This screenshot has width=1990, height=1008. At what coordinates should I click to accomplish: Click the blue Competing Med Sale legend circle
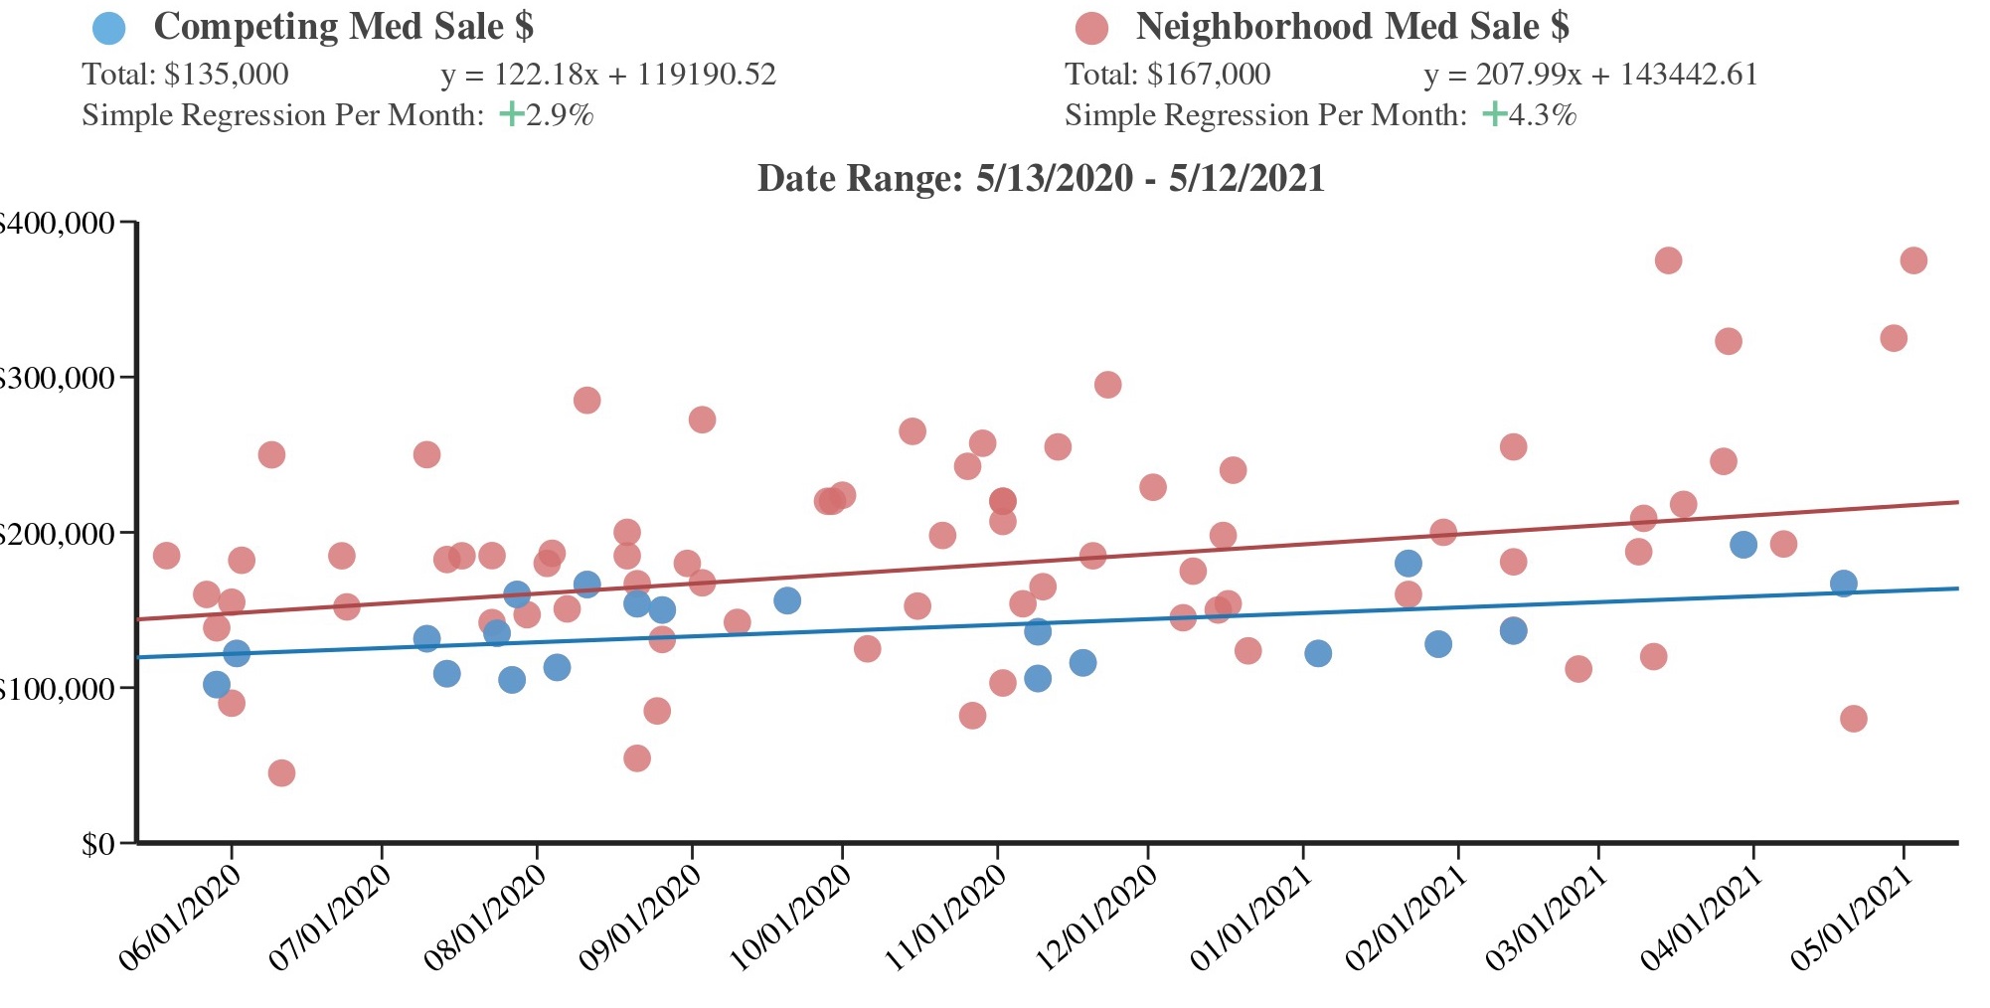[x=108, y=28]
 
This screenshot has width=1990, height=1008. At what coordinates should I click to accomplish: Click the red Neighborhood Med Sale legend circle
[x=1091, y=28]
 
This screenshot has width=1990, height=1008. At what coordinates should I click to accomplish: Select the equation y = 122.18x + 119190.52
[x=608, y=75]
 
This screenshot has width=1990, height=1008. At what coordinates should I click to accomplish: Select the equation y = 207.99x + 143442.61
[x=1590, y=75]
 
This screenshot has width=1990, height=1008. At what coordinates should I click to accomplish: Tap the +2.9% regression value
[x=548, y=115]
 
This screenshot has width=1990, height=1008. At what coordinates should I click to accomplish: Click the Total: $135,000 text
[x=185, y=75]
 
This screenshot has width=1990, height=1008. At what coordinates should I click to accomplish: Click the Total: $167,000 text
[x=1168, y=75]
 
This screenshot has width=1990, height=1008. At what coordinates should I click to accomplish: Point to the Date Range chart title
[x=1041, y=179]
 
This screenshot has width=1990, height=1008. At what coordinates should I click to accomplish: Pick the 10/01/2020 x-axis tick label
[x=791, y=917]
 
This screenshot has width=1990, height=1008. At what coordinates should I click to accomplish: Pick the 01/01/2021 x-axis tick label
[x=1251, y=917]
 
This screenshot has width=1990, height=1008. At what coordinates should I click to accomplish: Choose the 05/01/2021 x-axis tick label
[x=1852, y=917]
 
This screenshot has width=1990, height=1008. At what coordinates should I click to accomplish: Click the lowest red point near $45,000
[x=281, y=773]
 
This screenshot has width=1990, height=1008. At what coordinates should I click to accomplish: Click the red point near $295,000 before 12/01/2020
[x=1107, y=385]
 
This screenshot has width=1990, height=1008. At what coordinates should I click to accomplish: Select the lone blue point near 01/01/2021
[x=1318, y=653]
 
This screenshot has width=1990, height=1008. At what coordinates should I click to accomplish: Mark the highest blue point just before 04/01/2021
[x=1743, y=545]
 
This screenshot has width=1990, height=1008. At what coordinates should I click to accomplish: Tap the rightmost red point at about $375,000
[x=1913, y=260]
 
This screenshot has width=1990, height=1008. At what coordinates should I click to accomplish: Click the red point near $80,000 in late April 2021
[x=1854, y=719]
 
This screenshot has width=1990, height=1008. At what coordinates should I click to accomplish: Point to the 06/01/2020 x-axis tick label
[x=180, y=917]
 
